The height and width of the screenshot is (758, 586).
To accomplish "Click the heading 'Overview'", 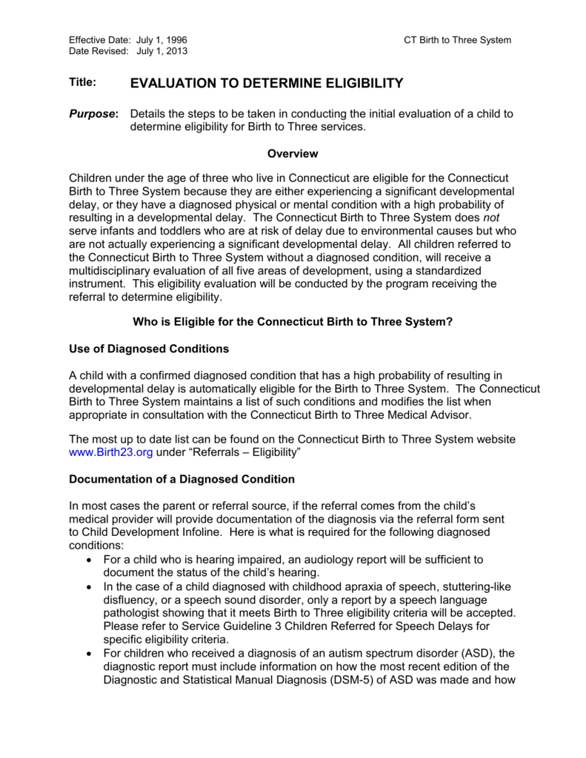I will [x=293, y=154].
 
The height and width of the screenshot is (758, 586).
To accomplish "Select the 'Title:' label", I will [x=83, y=82].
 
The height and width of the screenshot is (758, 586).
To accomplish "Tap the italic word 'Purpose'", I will [x=92, y=114].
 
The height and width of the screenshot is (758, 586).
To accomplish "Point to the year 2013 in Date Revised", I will [x=176, y=52].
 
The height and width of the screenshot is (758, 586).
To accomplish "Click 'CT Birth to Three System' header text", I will [x=457, y=40].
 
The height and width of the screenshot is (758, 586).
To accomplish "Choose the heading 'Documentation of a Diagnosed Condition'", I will [x=182, y=479].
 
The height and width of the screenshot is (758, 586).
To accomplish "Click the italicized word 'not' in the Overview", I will [x=490, y=217].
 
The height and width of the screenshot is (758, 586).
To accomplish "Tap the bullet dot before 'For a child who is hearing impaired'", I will [x=89, y=560].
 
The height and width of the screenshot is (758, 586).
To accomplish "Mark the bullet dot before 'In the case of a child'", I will [x=89, y=586].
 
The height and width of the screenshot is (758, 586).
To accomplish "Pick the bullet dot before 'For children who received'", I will [x=89, y=653].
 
